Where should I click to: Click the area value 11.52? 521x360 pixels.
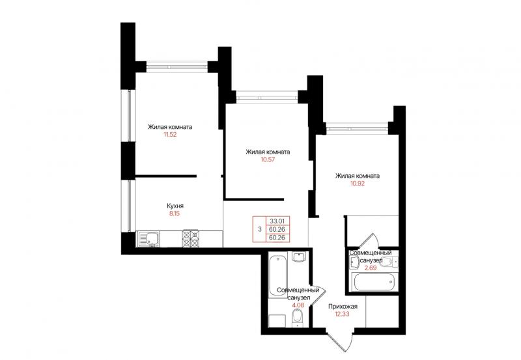click(x=170, y=135)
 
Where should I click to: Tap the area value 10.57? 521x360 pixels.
click(x=268, y=159)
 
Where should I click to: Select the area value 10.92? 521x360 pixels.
click(x=358, y=184)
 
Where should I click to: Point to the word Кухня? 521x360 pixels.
click(x=175, y=206)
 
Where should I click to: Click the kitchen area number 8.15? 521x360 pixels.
click(x=175, y=214)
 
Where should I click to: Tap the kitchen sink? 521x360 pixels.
click(x=148, y=239)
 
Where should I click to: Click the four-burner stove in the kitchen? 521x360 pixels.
click(x=191, y=238)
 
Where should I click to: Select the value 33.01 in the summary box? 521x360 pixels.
click(x=277, y=221)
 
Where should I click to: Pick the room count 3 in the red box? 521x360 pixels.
click(x=259, y=229)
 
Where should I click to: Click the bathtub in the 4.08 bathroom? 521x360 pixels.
click(x=278, y=275)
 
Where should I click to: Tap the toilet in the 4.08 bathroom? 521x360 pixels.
click(x=297, y=317)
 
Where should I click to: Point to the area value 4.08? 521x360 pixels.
click(x=298, y=305)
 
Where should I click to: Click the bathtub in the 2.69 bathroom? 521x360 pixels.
click(x=374, y=283)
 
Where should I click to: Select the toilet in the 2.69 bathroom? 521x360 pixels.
click(x=389, y=262)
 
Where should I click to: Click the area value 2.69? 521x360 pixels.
click(x=371, y=268)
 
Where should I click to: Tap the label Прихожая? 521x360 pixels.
click(x=343, y=307)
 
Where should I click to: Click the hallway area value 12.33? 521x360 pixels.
click(x=343, y=314)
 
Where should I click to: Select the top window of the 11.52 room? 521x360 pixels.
click(x=177, y=67)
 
